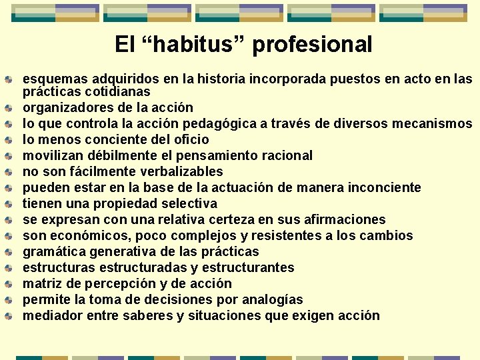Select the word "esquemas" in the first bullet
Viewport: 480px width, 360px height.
click(x=52, y=79)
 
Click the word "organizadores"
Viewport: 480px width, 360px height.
click(x=65, y=107)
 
